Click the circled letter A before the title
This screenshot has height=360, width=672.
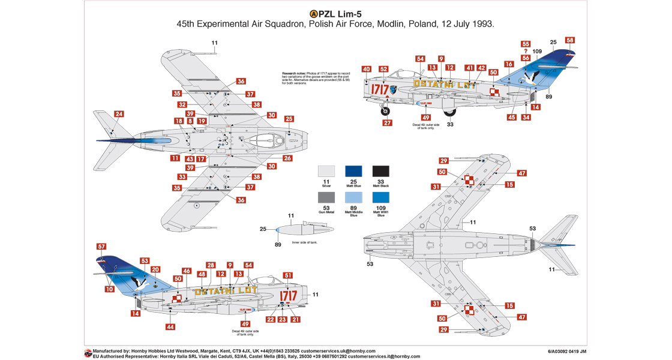click(313, 14)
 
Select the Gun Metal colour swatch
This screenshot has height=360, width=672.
click(326, 197)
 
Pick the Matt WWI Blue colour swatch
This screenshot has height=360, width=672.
click(381, 197)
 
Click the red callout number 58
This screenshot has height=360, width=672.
click(570, 40)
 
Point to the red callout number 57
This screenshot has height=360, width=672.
click(101, 247)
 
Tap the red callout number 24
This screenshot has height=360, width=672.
click(119, 114)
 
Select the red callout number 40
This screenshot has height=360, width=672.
click(366, 70)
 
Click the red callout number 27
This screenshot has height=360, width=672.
click(387, 123)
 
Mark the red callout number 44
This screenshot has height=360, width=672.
click(170, 327)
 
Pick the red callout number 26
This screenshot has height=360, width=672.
click(288, 158)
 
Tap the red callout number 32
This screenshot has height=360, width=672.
click(181, 104)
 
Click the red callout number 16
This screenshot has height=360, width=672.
click(509, 64)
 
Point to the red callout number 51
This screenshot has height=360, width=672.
click(288, 275)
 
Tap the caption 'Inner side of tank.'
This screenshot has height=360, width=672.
click(304, 242)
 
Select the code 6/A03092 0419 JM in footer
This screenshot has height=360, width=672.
click(567, 351)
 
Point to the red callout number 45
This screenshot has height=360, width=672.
click(511, 118)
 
